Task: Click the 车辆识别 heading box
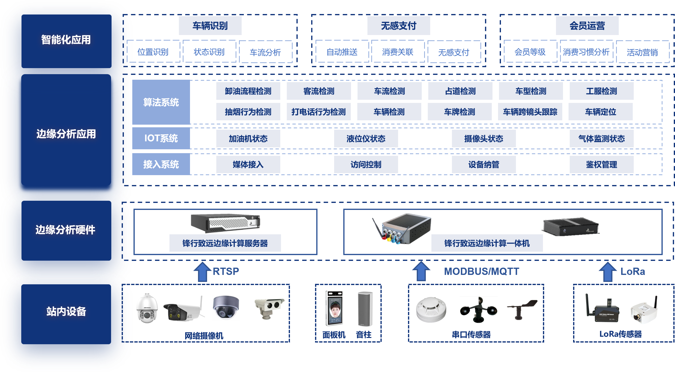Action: coord(210,26)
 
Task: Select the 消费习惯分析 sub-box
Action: coord(586,52)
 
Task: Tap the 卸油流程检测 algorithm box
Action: coord(248,91)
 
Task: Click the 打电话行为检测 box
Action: coord(319,112)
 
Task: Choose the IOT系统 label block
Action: coord(161,138)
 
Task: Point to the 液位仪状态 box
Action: coord(366,138)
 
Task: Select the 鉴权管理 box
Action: coord(601,164)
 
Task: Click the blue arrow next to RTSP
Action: coord(202,272)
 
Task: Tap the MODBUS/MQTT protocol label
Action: coord(481,271)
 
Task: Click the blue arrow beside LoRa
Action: coord(608,272)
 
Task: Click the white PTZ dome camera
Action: coord(147,308)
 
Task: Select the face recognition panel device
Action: coord(334,308)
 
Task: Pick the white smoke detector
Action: coord(431,309)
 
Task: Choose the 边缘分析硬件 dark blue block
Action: coord(66,230)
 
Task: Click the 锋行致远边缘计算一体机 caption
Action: coord(487,243)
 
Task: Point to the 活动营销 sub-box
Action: coord(642,52)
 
